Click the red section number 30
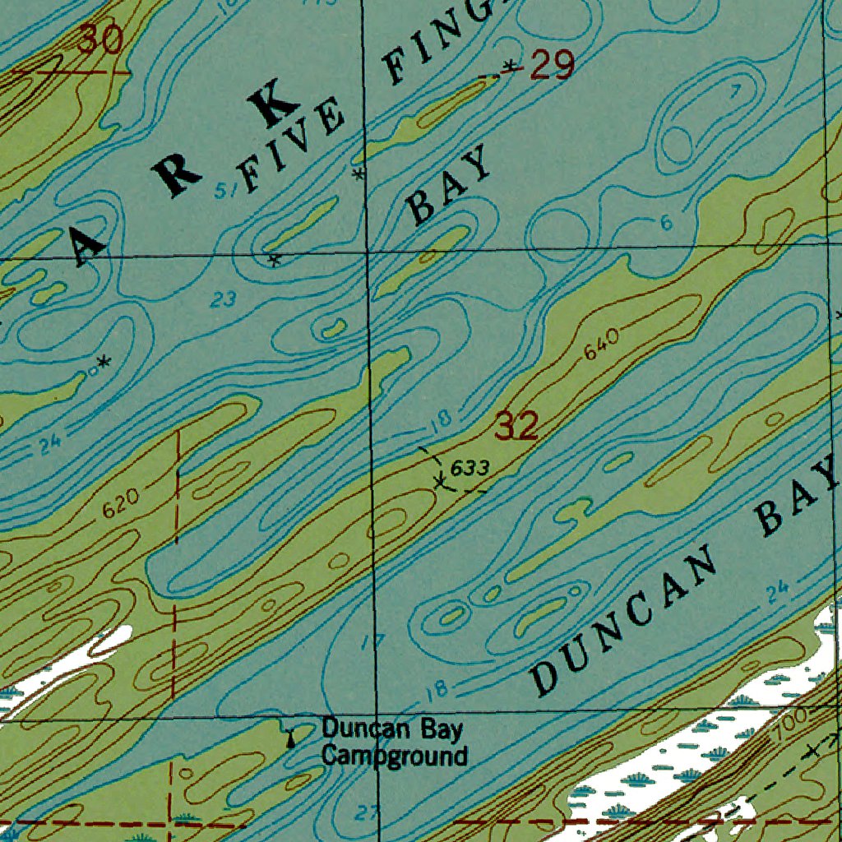click(x=101, y=39)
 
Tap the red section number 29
click(x=551, y=65)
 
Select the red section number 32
click(x=516, y=427)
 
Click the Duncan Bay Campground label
click(x=393, y=742)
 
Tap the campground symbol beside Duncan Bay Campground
click(x=289, y=738)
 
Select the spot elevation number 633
click(x=470, y=468)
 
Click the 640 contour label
click(x=601, y=346)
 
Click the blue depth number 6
click(x=666, y=223)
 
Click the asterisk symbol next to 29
click(x=511, y=65)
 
